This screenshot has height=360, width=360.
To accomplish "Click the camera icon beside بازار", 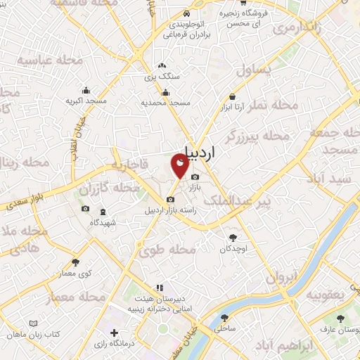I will coord(195,176).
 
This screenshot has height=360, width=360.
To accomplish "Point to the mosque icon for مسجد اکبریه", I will coord(86,90).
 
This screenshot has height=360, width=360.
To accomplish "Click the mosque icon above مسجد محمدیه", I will coord(165,91).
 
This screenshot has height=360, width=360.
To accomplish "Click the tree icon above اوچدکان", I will coord(233,238).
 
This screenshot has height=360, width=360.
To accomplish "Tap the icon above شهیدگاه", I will coord(103,212).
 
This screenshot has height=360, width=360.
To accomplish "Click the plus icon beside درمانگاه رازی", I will coord(114,332).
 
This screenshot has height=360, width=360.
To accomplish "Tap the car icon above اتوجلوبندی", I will coord(186,14).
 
